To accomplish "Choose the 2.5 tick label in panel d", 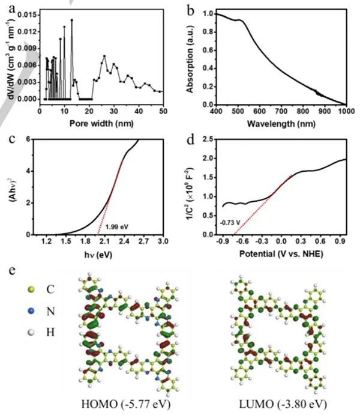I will click(206, 139).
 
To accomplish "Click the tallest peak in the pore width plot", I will click(71, 20).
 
